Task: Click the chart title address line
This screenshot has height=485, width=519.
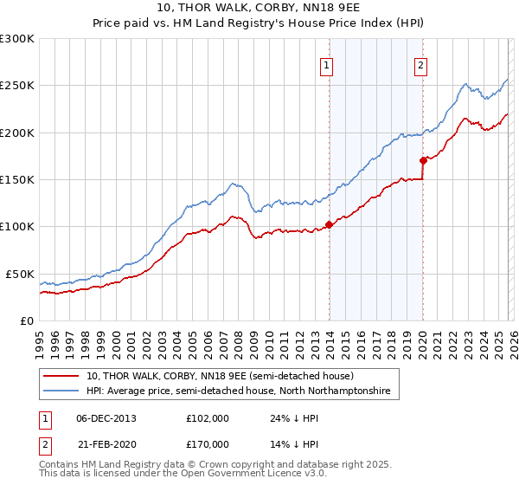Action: [x=259, y=8]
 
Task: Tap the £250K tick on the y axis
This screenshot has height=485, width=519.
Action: [x=17, y=86]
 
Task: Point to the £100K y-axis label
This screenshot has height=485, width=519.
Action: [x=17, y=227]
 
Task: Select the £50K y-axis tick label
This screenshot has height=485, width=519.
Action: [x=21, y=274]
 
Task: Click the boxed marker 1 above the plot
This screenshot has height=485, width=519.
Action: [x=328, y=65]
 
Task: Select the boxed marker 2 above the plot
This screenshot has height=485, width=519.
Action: [x=420, y=65]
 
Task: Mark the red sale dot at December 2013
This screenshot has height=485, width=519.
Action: [x=329, y=224]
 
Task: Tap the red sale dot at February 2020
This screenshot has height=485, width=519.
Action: [x=423, y=160]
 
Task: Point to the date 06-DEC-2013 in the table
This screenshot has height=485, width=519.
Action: [x=106, y=418]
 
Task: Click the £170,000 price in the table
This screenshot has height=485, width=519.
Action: [x=208, y=443]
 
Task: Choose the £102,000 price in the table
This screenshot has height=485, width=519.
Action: [x=208, y=418]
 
